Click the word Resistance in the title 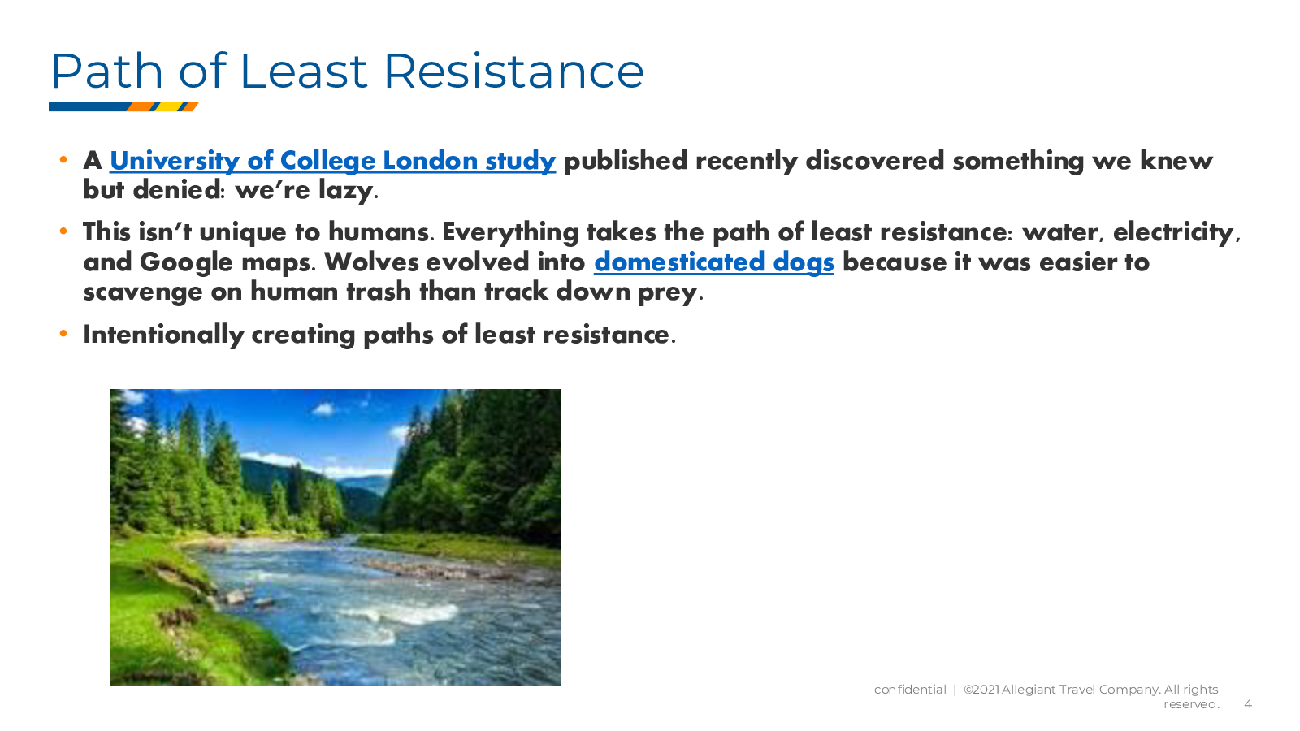click(513, 71)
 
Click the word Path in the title click(106, 71)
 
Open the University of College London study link click(332, 162)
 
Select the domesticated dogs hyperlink click(714, 262)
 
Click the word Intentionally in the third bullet click(163, 335)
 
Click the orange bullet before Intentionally click(63, 334)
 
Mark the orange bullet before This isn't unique click(63, 231)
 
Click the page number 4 click(1248, 704)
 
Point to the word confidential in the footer click(910, 690)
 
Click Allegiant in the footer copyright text click(1029, 690)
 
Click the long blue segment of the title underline click(90, 106)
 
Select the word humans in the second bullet click(379, 232)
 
